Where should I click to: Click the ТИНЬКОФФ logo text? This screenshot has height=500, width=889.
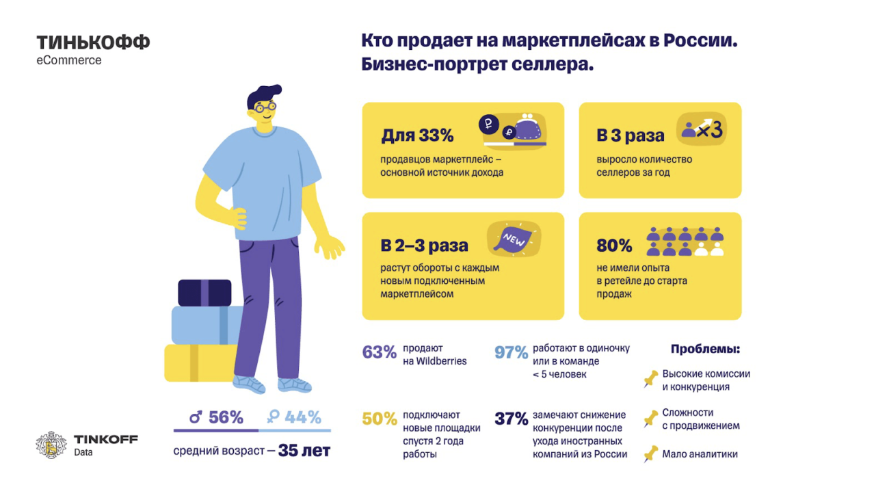coord(93,43)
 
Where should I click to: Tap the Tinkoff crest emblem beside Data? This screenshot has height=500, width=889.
coord(51,445)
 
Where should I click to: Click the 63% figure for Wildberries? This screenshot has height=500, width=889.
coord(379,353)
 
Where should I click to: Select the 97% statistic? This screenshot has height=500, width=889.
coord(511,353)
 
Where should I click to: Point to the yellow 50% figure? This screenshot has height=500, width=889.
coord(379,419)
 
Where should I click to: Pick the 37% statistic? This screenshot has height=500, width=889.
coord(511,419)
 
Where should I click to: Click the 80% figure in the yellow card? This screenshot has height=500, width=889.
coord(614,246)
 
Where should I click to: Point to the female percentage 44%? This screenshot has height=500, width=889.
coord(295,417)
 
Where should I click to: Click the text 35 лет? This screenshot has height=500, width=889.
coord(304,451)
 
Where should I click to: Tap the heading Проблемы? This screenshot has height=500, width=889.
coord(705,349)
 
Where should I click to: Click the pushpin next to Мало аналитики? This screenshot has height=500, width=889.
coord(650,453)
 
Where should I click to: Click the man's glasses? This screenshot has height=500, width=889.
coord(263,107)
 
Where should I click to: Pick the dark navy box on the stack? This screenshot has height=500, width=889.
coord(204,292)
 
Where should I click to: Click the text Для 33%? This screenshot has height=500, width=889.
coord(417,135)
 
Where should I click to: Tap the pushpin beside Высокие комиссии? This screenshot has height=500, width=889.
coord(650,380)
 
